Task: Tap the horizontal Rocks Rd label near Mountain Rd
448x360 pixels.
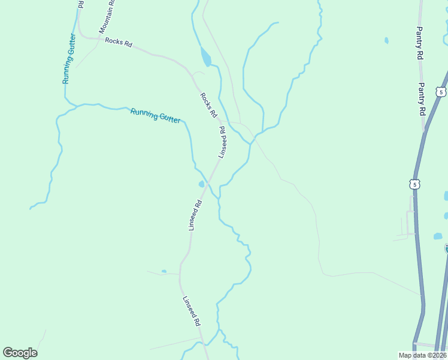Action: tap(118, 42)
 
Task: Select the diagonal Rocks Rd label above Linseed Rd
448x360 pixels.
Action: tap(208, 106)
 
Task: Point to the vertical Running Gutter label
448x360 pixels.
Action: tap(68, 66)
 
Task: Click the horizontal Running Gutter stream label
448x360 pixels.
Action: tap(155, 115)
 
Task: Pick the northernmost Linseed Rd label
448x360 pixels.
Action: tap(223, 142)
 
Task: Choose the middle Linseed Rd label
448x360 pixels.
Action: tap(195, 215)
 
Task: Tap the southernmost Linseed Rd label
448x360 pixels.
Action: tap(192, 311)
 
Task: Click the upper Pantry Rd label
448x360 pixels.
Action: tap(420, 43)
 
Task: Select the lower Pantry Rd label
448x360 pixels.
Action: tap(422, 99)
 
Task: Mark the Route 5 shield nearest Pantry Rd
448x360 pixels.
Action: tap(441, 92)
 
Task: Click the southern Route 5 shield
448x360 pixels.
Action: tap(415, 184)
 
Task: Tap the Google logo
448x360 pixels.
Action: tap(20, 353)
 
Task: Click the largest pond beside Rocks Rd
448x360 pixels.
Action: tap(206, 58)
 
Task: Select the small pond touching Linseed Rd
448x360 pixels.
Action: tap(202, 184)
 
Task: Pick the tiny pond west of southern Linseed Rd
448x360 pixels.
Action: tap(164, 271)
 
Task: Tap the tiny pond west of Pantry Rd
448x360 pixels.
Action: tap(386, 41)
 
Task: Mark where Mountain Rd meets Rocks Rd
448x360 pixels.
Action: tap(96, 38)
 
